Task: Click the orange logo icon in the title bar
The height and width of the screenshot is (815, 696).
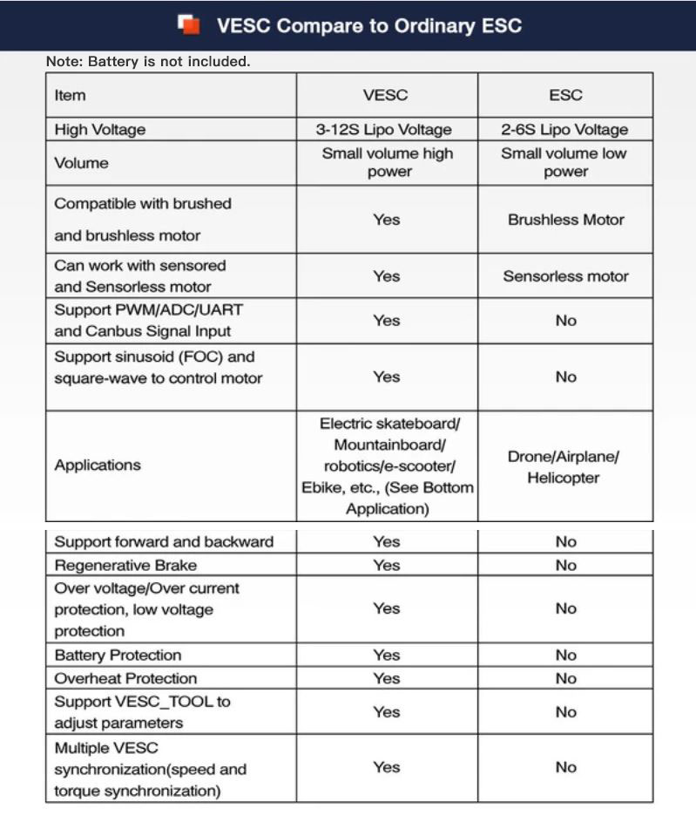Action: coord(189,24)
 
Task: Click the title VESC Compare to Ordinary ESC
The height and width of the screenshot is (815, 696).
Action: coord(368,25)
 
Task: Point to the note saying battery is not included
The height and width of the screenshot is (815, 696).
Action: coord(148,62)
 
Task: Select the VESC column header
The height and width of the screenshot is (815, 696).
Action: coord(386,95)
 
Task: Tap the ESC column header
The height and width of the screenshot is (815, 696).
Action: coord(565,95)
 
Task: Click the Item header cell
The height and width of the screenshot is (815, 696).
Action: coord(71,95)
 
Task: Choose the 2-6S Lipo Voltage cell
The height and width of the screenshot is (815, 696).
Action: coord(565,130)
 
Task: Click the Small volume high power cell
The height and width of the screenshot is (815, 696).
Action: coord(387,162)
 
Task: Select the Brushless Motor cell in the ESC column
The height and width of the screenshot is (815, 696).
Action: coord(565,220)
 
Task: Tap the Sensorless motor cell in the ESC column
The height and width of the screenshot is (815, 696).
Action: coord(565,276)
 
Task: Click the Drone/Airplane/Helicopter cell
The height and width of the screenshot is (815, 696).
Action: coord(565,467)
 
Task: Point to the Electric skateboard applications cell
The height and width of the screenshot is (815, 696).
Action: coord(387,466)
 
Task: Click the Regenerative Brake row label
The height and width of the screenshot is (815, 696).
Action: coord(125,565)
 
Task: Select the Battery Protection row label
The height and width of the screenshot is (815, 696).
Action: coord(118,655)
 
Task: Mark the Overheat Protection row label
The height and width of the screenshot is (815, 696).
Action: coord(125,678)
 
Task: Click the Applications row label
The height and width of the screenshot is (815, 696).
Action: coord(98,465)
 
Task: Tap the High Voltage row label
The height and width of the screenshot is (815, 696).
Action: coord(99,130)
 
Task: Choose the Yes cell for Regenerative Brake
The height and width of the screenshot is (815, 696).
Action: coord(386,565)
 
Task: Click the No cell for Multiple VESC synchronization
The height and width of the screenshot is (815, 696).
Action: coord(565,767)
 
